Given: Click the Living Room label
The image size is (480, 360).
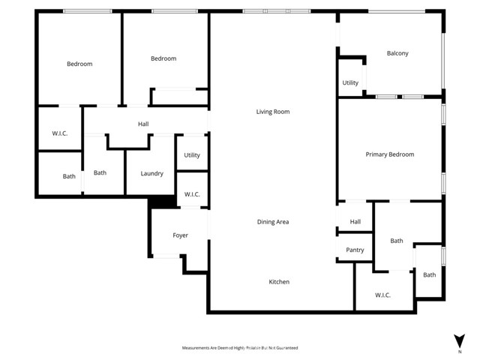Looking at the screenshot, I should (272, 112).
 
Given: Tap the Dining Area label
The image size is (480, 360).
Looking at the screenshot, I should (272, 222).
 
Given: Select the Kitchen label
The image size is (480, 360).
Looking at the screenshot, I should (279, 282).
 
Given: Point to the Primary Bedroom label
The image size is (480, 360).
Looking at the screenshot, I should (389, 154).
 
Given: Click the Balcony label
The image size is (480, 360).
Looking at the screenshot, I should (397, 53).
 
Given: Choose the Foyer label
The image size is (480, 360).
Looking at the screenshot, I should (180, 235).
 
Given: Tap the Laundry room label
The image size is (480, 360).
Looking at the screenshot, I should (151, 174).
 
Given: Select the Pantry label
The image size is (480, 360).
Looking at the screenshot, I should (355, 250).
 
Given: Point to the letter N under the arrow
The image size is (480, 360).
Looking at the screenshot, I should (459, 351).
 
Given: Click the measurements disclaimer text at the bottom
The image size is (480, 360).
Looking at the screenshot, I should (240, 348).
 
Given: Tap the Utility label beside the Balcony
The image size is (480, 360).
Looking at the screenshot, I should (350, 83).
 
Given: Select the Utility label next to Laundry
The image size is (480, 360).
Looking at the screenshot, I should (192, 155).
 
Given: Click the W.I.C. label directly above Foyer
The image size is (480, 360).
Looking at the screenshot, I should (192, 195).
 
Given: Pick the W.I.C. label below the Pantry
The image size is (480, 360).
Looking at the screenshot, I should (382, 295).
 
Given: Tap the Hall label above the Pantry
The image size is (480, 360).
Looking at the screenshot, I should (355, 222).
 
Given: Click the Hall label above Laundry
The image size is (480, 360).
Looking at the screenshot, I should (143, 124).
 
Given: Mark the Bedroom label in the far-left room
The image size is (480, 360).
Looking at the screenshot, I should (79, 64).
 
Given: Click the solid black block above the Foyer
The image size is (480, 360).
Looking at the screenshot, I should (160, 202).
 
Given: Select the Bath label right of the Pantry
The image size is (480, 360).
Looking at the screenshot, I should (396, 241).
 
